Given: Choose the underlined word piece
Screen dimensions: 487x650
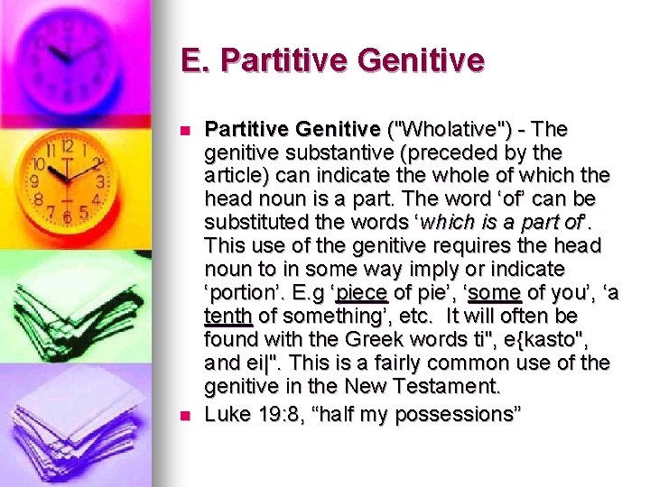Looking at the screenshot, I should (361, 292).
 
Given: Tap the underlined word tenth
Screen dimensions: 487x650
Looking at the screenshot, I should (227, 316).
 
